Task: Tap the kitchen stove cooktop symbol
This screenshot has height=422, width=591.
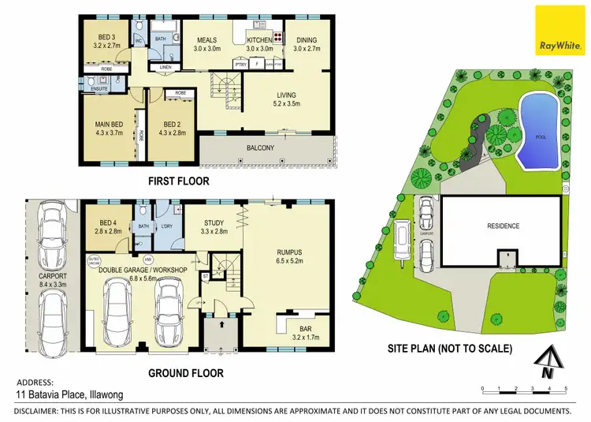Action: coord(277,36)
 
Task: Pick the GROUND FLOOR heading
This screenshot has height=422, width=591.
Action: coord(186,373)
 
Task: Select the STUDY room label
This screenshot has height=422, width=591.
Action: coord(215,227)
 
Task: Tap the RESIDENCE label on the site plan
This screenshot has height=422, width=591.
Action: coord(503,226)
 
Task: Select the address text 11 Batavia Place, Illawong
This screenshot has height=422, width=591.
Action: coord(70,394)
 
